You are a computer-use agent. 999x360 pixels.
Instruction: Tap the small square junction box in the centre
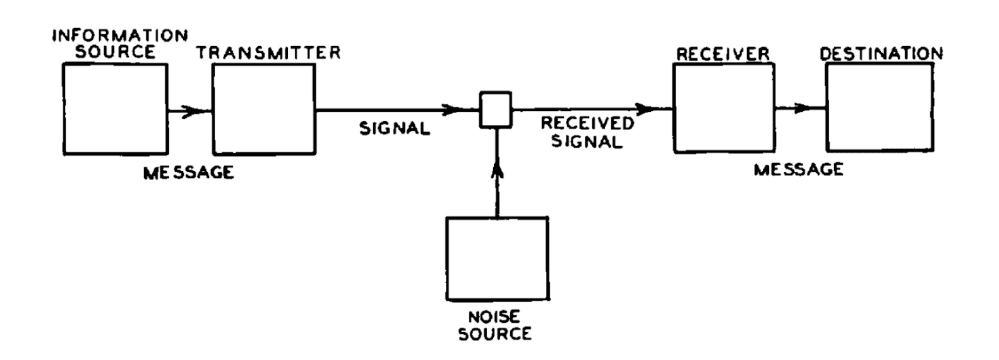click(496, 109)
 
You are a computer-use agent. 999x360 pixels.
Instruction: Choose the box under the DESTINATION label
click(879, 107)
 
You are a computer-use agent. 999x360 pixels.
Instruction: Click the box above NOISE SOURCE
click(497, 258)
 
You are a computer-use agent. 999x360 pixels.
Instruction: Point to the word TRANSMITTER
click(268, 53)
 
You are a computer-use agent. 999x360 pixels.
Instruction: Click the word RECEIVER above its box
click(723, 54)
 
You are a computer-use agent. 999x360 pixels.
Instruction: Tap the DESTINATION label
click(881, 53)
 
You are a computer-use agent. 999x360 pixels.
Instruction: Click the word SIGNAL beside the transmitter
click(394, 128)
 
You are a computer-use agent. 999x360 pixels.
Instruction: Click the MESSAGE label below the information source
click(188, 172)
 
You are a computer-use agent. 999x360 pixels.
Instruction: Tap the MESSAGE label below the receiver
click(798, 169)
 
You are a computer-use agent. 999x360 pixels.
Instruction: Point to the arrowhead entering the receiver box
click(647, 108)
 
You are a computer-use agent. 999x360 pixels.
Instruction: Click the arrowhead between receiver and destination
click(802, 108)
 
